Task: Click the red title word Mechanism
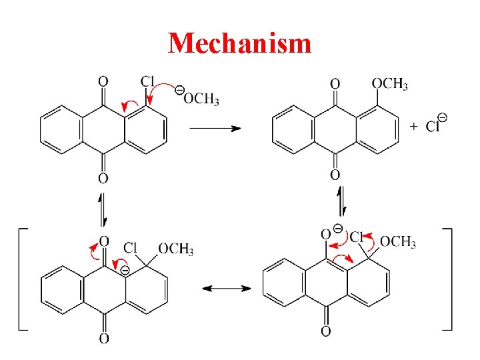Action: click(240, 43)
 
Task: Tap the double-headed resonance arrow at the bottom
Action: click(227, 289)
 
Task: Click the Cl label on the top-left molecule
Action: click(148, 81)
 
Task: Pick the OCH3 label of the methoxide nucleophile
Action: click(201, 99)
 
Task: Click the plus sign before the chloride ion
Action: click(414, 125)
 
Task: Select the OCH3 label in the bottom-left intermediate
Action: click(175, 249)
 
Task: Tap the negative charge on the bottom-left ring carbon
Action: click(124, 270)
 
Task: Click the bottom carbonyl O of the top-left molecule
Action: click(103, 178)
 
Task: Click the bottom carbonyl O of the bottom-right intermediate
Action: click(325, 331)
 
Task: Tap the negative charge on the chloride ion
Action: click(442, 117)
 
